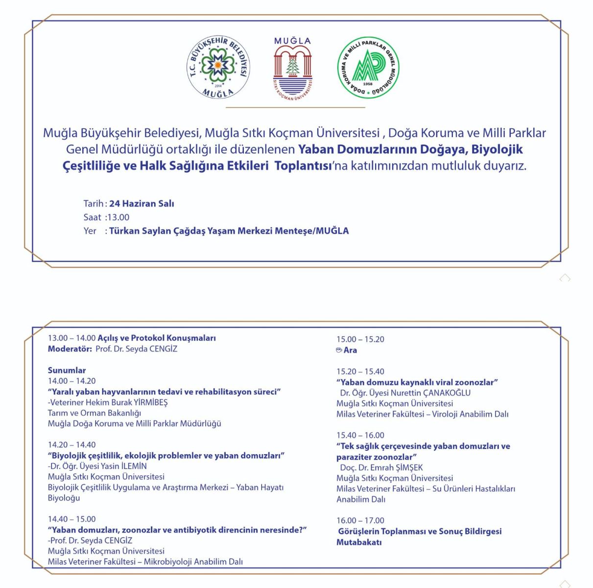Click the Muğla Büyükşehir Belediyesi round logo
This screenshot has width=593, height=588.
coord(218,68)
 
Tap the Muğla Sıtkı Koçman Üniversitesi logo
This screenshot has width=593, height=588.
coord(292,69)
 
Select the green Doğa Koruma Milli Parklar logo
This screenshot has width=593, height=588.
coord(368,68)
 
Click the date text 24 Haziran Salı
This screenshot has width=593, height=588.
coord(142,203)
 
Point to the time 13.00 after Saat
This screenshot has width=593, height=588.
coord(118,217)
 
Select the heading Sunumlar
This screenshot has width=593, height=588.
coord(67,370)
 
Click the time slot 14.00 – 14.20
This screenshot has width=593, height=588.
coord(71,381)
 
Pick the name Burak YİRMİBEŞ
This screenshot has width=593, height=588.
coord(140,402)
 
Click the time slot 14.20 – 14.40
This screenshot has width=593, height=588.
coord(71,445)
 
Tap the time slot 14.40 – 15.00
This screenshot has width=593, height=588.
coord(71,519)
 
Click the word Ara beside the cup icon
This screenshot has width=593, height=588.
coord(350,350)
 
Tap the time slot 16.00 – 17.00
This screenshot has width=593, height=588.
coord(360,520)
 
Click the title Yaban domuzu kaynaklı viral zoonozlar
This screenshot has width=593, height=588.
coord(417,382)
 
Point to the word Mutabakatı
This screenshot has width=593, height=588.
coord(358,542)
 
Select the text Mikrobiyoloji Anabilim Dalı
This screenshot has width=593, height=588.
coord(193,562)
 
